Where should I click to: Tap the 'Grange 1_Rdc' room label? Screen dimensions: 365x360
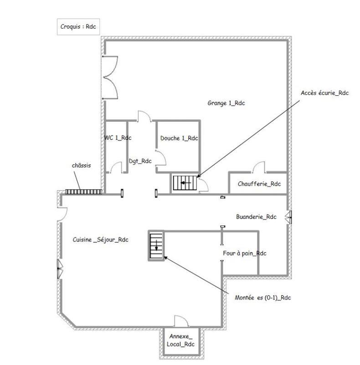(x=226, y=103)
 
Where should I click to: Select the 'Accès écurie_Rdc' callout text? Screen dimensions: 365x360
(x=324, y=93)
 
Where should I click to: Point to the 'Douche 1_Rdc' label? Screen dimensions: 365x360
(x=179, y=138)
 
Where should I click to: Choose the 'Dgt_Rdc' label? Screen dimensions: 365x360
(x=140, y=161)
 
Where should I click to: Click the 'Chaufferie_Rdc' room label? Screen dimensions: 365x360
(x=259, y=184)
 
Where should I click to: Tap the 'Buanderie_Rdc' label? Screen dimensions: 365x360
(x=256, y=217)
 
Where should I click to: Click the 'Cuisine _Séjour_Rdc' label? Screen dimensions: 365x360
(x=100, y=240)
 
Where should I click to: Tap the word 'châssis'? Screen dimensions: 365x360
(x=81, y=165)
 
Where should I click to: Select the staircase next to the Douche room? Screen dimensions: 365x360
(x=184, y=183)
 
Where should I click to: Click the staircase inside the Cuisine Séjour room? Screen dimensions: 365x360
(x=156, y=246)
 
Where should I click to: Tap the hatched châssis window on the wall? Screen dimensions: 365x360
(x=82, y=192)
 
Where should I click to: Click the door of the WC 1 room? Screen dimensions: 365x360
(x=116, y=168)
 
